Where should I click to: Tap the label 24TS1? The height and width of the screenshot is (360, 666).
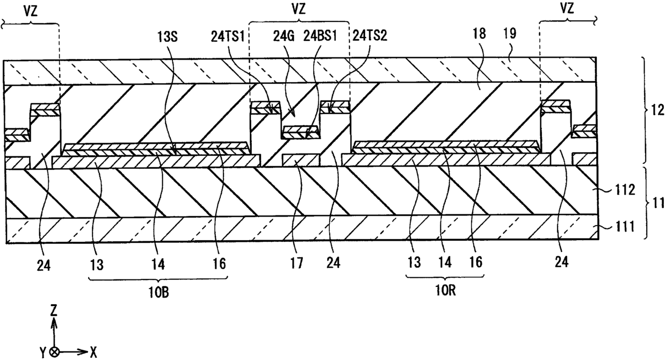227,37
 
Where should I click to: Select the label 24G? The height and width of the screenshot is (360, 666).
284,37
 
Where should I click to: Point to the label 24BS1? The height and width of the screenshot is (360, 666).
320,37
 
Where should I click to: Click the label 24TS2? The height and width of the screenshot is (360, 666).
370,36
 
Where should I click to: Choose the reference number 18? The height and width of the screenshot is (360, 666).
479,34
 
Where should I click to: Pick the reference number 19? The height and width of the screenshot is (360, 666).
510,34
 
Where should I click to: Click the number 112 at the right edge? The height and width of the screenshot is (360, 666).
624,190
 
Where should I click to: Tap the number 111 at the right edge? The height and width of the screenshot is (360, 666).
624,227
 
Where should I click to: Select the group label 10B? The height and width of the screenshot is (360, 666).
159,293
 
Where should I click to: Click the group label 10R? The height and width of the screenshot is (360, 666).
445,291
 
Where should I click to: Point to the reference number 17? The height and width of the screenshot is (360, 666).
296,263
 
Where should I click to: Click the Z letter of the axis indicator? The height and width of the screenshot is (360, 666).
54,311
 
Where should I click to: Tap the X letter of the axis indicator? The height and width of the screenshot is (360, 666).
93,353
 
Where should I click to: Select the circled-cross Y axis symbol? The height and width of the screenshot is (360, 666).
54,352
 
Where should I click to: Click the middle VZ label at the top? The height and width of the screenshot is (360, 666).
299,9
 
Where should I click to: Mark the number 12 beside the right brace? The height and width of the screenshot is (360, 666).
657,110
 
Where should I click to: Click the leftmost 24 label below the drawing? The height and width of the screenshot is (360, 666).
44,265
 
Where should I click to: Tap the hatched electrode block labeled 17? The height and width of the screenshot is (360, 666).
301,160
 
